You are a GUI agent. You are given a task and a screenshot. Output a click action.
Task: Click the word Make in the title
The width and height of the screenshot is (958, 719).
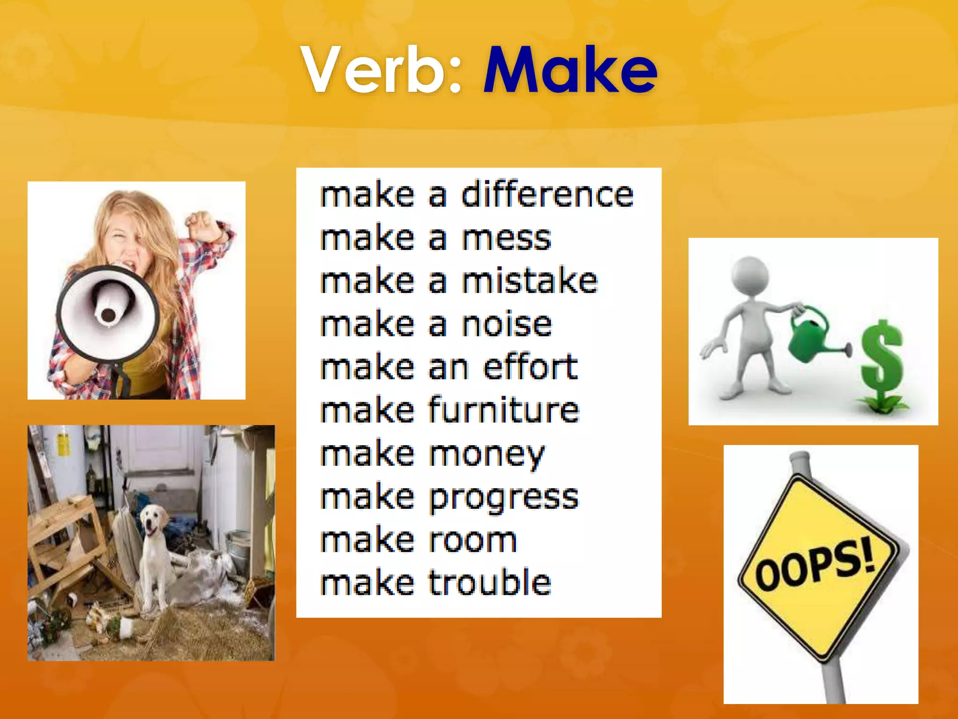[570, 70]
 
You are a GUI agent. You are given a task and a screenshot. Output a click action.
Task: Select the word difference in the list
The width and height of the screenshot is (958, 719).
[547, 195]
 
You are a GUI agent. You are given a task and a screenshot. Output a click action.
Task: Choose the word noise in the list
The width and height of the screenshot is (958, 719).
[507, 324]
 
